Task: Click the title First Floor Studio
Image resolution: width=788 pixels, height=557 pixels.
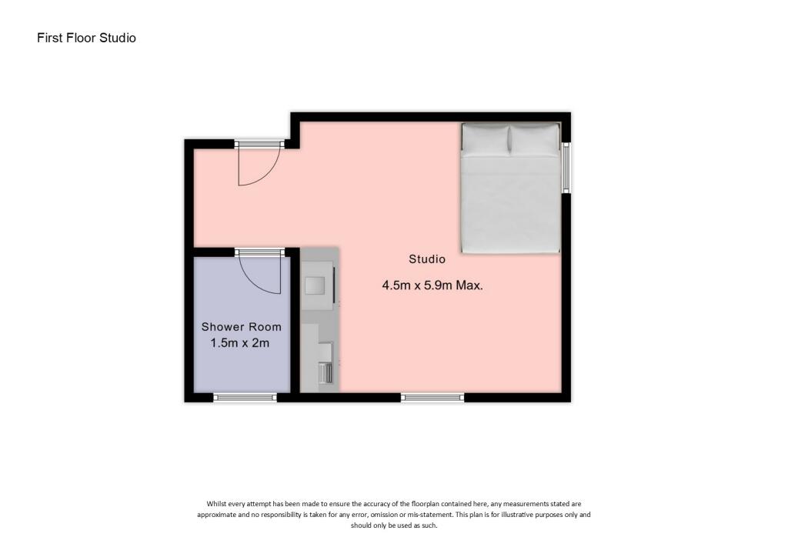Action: click(86, 37)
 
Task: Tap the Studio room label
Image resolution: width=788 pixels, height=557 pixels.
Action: click(427, 259)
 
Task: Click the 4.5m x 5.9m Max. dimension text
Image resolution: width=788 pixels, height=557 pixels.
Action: click(432, 285)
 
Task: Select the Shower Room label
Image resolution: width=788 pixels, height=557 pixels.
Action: click(242, 327)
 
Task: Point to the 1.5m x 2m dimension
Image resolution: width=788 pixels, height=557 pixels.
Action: click(240, 343)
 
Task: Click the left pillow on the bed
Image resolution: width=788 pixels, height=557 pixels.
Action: click(486, 139)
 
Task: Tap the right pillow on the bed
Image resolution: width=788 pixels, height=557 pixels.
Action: click(535, 139)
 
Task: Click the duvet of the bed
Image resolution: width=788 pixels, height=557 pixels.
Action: click(510, 204)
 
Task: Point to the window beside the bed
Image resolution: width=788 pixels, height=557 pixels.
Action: click(566, 167)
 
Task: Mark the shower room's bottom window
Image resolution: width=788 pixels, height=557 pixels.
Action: click(245, 397)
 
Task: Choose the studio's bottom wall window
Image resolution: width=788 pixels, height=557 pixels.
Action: click(432, 397)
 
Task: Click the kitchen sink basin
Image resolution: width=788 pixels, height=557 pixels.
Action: click(316, 285)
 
